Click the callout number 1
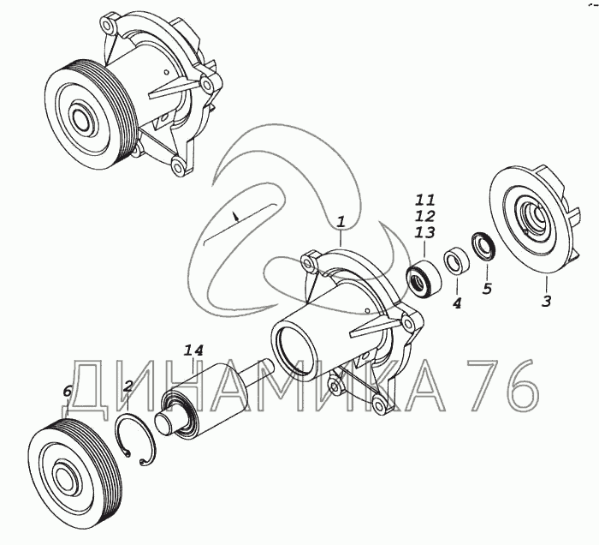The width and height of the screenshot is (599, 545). point(341,222)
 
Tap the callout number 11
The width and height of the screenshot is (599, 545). point(425,200)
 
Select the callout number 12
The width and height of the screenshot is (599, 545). point(425,216)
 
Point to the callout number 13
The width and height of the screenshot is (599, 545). point(425,232)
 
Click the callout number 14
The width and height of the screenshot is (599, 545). point(194,350)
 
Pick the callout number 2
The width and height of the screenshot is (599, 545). point(128,386)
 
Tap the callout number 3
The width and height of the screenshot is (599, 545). point(547,301)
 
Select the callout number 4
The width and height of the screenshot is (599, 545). point(457,302)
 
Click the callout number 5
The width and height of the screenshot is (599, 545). point(487,289)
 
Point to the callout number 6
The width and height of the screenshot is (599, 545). point(67,392)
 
